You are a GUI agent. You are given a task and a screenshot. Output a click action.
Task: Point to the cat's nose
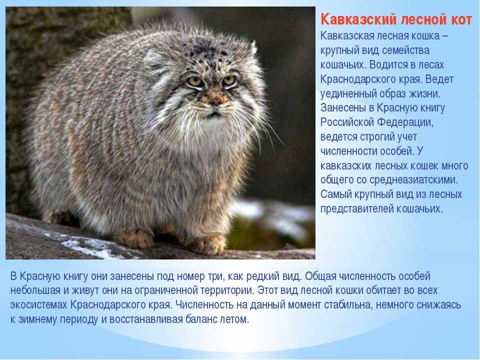click(216, 101)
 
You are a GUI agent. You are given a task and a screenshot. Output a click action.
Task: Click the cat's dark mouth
click(214, 115)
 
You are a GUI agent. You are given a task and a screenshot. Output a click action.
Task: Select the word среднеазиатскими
click(413, 179)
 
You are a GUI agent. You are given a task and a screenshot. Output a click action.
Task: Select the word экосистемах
click(38, 305)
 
